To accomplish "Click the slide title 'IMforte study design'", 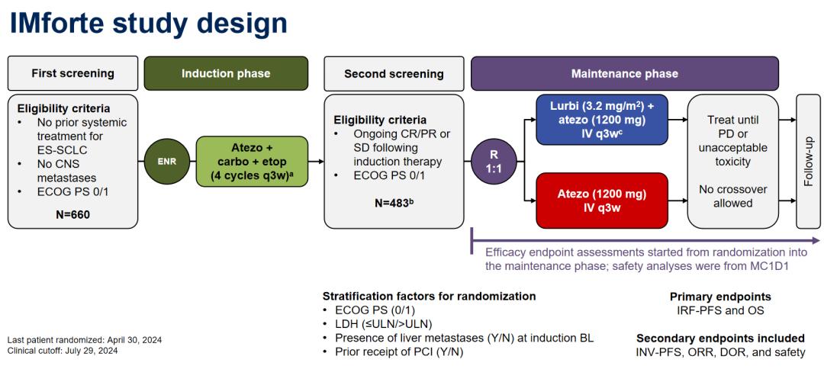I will click(148, 23).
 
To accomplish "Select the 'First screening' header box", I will click(72, 74).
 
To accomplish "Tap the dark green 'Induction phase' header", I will click(226, 74).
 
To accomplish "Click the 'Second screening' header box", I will click(393, 74).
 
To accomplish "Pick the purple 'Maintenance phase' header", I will click(624, 74).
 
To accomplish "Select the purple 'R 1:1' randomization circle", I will click(495, 162).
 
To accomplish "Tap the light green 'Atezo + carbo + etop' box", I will click(252, 162).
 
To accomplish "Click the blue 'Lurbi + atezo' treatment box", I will click(602, 120).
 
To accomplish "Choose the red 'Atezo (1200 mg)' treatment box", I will click(602, 200).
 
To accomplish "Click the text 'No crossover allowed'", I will click(732, 197).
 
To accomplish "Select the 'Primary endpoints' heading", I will click(719, 297).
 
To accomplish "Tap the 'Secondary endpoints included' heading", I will click(719, 338).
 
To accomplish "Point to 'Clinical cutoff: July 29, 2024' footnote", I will click(63, 351).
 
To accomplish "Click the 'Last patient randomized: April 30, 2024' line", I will click(84, 340).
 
